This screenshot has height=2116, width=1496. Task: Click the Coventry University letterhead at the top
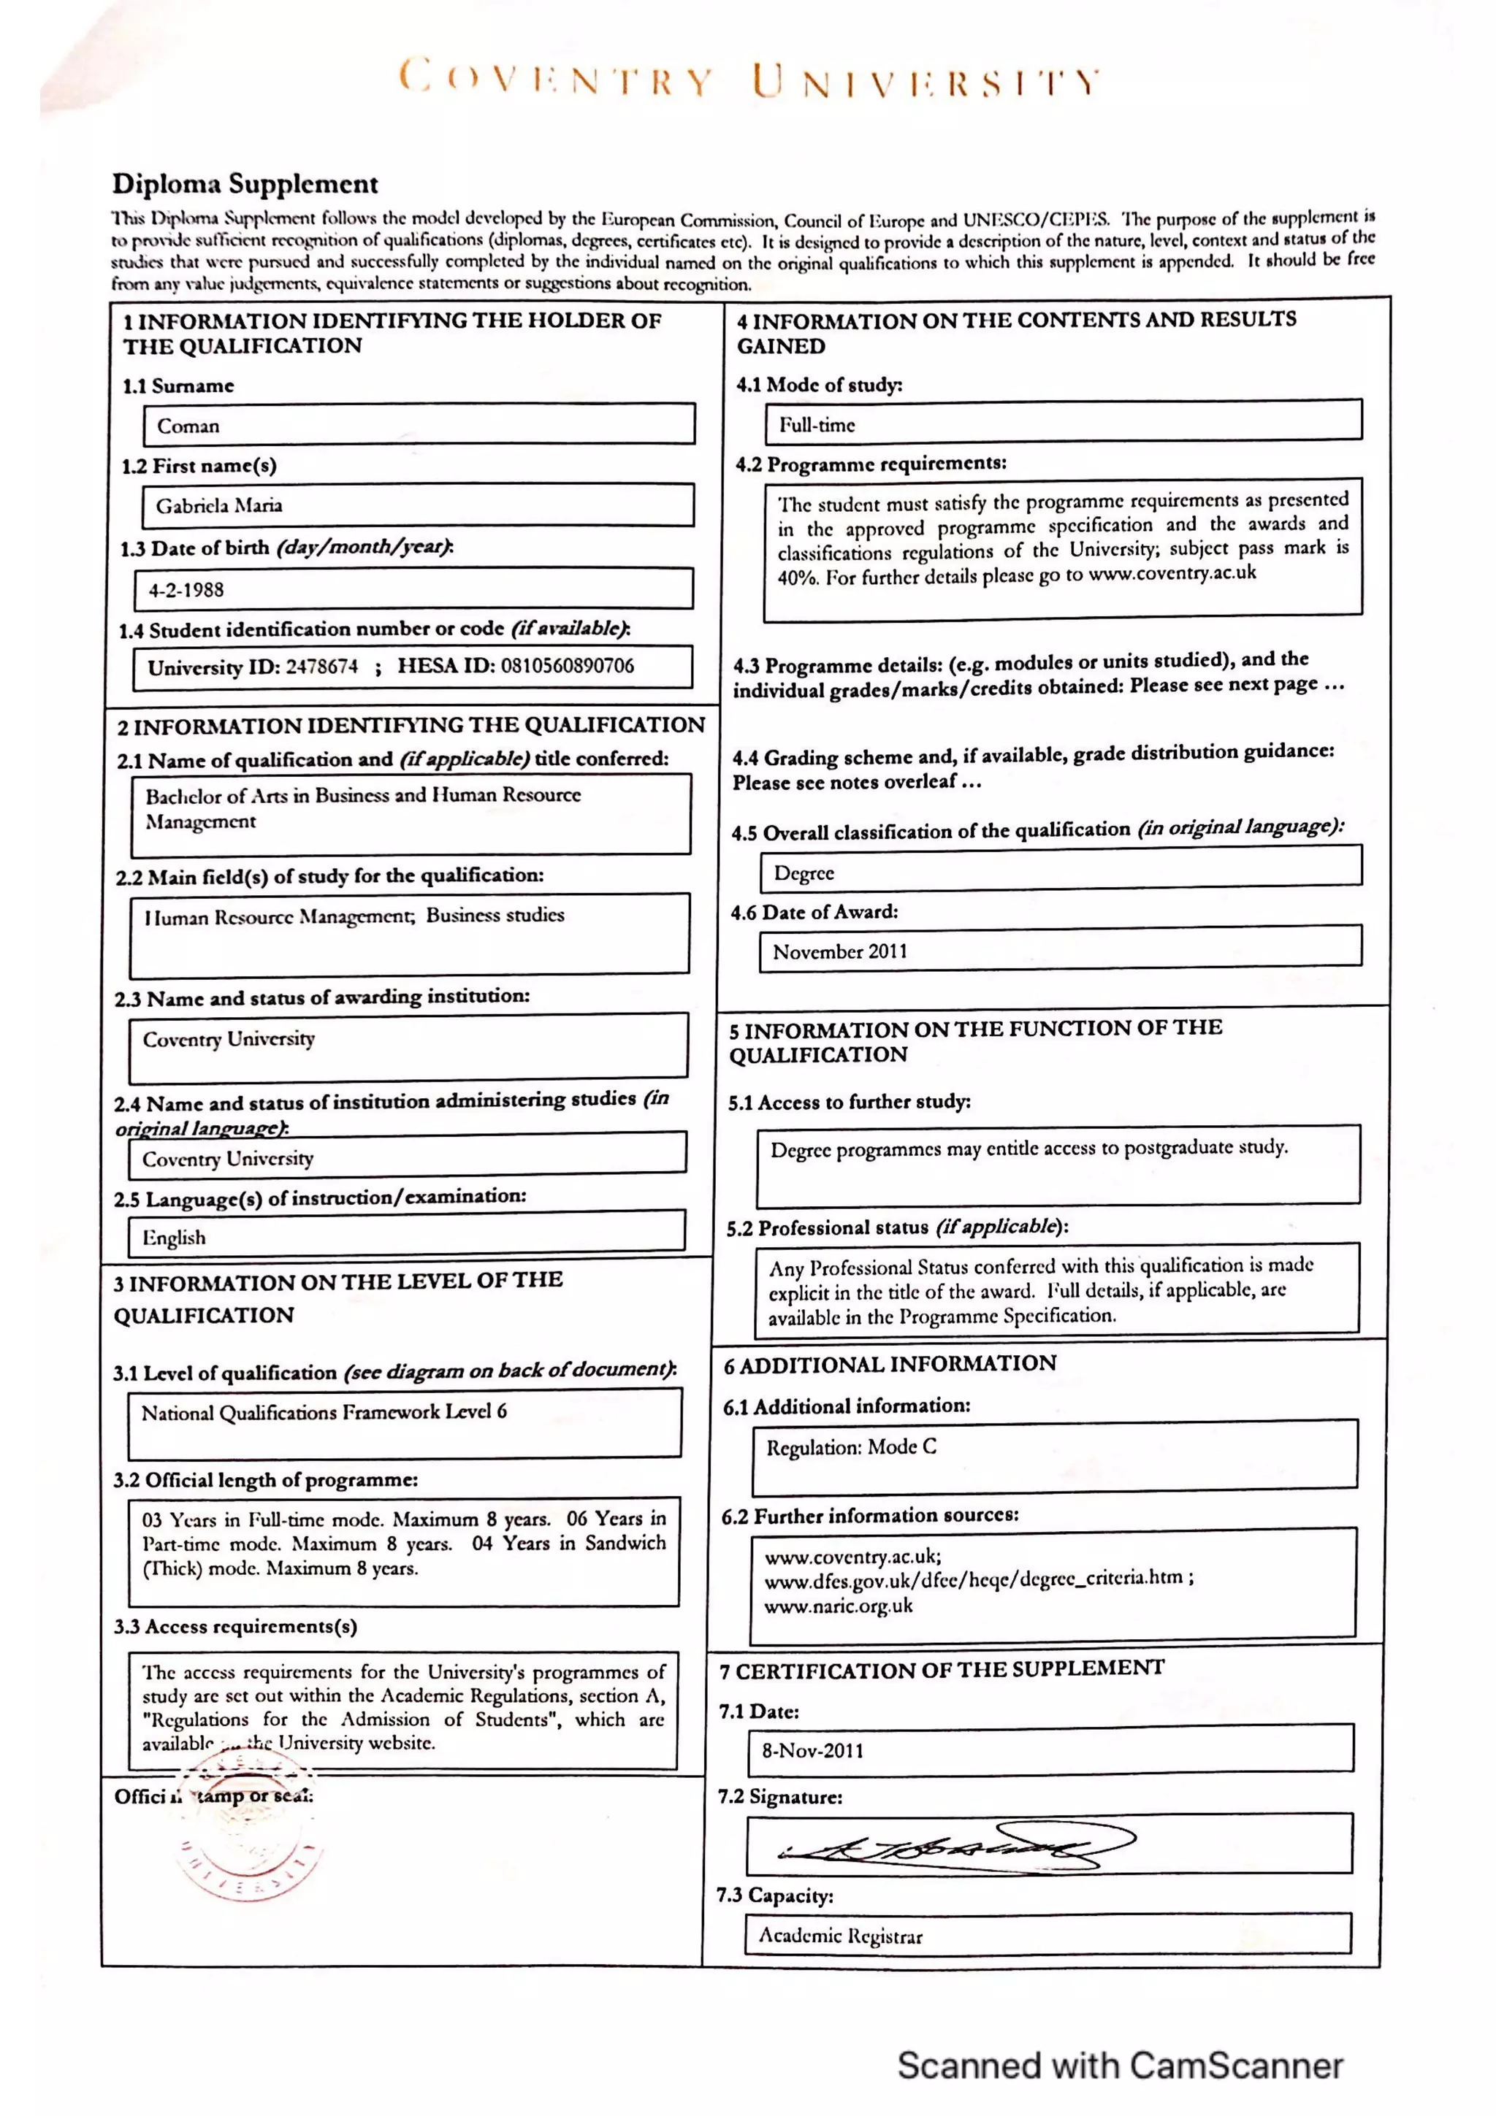click(x=749, y=80)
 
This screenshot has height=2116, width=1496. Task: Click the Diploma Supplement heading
click(x=245, y=183)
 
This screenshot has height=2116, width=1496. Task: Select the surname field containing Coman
click(x=188, y=426)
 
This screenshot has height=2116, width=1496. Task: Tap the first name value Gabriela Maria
click(x=219, y=505)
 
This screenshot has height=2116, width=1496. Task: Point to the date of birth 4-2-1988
click(x=186, y=590)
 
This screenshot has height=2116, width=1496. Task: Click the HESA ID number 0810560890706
click(x=567, y=665)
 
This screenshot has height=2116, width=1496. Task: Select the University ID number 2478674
click(x=321, y=667)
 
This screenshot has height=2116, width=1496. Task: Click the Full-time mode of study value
click(x=817, y=425)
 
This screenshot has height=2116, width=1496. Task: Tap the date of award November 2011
click(x=840, y=951)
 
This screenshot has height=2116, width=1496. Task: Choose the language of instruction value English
click(x=174, y=1237)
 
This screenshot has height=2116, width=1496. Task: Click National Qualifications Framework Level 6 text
click(x=324, y=1412)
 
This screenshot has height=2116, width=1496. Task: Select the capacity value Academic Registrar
click(x=840, y=1936)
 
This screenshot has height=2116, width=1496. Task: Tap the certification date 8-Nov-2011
click(x=812, y=1750)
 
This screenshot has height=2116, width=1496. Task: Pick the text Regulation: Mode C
click(x=851, y=1447)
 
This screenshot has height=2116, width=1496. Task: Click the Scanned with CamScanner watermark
click(x=1119, y=2066)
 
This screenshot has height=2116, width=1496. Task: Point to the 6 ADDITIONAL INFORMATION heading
click(x=890, y=1364)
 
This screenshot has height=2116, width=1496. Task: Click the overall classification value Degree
click(x=804, y=873)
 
